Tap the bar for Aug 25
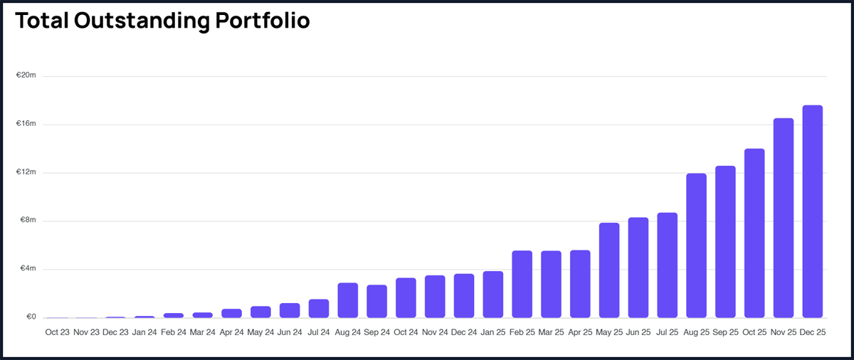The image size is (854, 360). pyautogui.click(x=696, y=245)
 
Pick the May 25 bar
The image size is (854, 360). pyautogui.click(x=609, y=270)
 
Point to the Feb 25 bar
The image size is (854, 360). pyautogui.click(x=522, y=284)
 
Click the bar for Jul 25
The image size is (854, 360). pyautogui.click(x=667, y=265)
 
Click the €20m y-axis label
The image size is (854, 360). pyautogui.click(x=26, y=75)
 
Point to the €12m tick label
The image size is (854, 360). pyautogui.click(x=26, y=172)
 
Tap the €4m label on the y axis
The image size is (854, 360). pyautogui.click(x=27, y=269)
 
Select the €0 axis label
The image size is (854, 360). pyautogui.click(x=30, y=317)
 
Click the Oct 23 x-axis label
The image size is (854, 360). pyautogui.click(x=57, y=332)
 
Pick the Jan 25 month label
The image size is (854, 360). pyautogui.click(x=492, y=332)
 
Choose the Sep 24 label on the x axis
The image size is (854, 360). pyautogui.click(x=376, y=332)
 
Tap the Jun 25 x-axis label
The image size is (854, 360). pyautogui.click(x=638, y=332)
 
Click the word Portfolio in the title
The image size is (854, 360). pyautogui.click(x=263, y=21)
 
